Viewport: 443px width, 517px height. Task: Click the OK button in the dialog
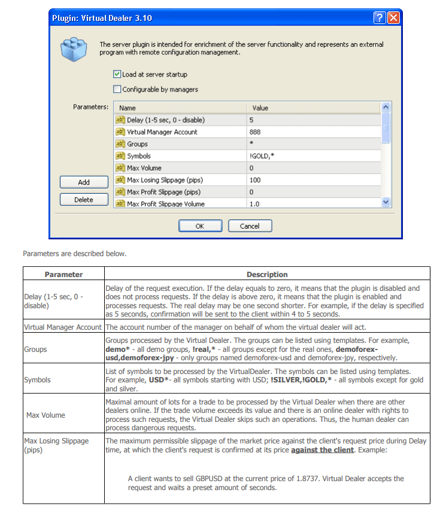click(x=200, y=226)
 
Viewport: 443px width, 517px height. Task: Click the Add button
click(x=84, y=182)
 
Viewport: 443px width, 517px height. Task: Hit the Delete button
click(x=84, y=200)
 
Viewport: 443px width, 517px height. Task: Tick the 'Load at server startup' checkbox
click(x=117, y=75)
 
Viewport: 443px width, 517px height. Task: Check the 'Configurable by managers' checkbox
click(x=117, y=90)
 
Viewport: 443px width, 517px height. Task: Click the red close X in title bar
click(x=393, y=18)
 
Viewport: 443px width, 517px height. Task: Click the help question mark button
click(x=380, y=18)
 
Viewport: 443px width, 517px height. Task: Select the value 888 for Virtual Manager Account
click(x=255, y=132)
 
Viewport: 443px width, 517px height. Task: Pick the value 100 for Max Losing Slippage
click(x=255, y=180)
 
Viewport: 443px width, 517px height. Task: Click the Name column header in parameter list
click(x=128, y=108)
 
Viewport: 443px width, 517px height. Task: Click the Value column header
click(x=260, y=108)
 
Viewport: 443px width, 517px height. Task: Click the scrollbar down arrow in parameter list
click(x=386, y=203)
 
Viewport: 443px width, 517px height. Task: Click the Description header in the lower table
click(x=267, y=275)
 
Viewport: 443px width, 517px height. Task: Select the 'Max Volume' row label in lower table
click(x=45, y=415)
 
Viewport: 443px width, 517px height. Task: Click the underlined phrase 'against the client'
click(x=322, y=449)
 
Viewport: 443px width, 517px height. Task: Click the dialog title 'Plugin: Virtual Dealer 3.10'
click(x=102, y=18)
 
